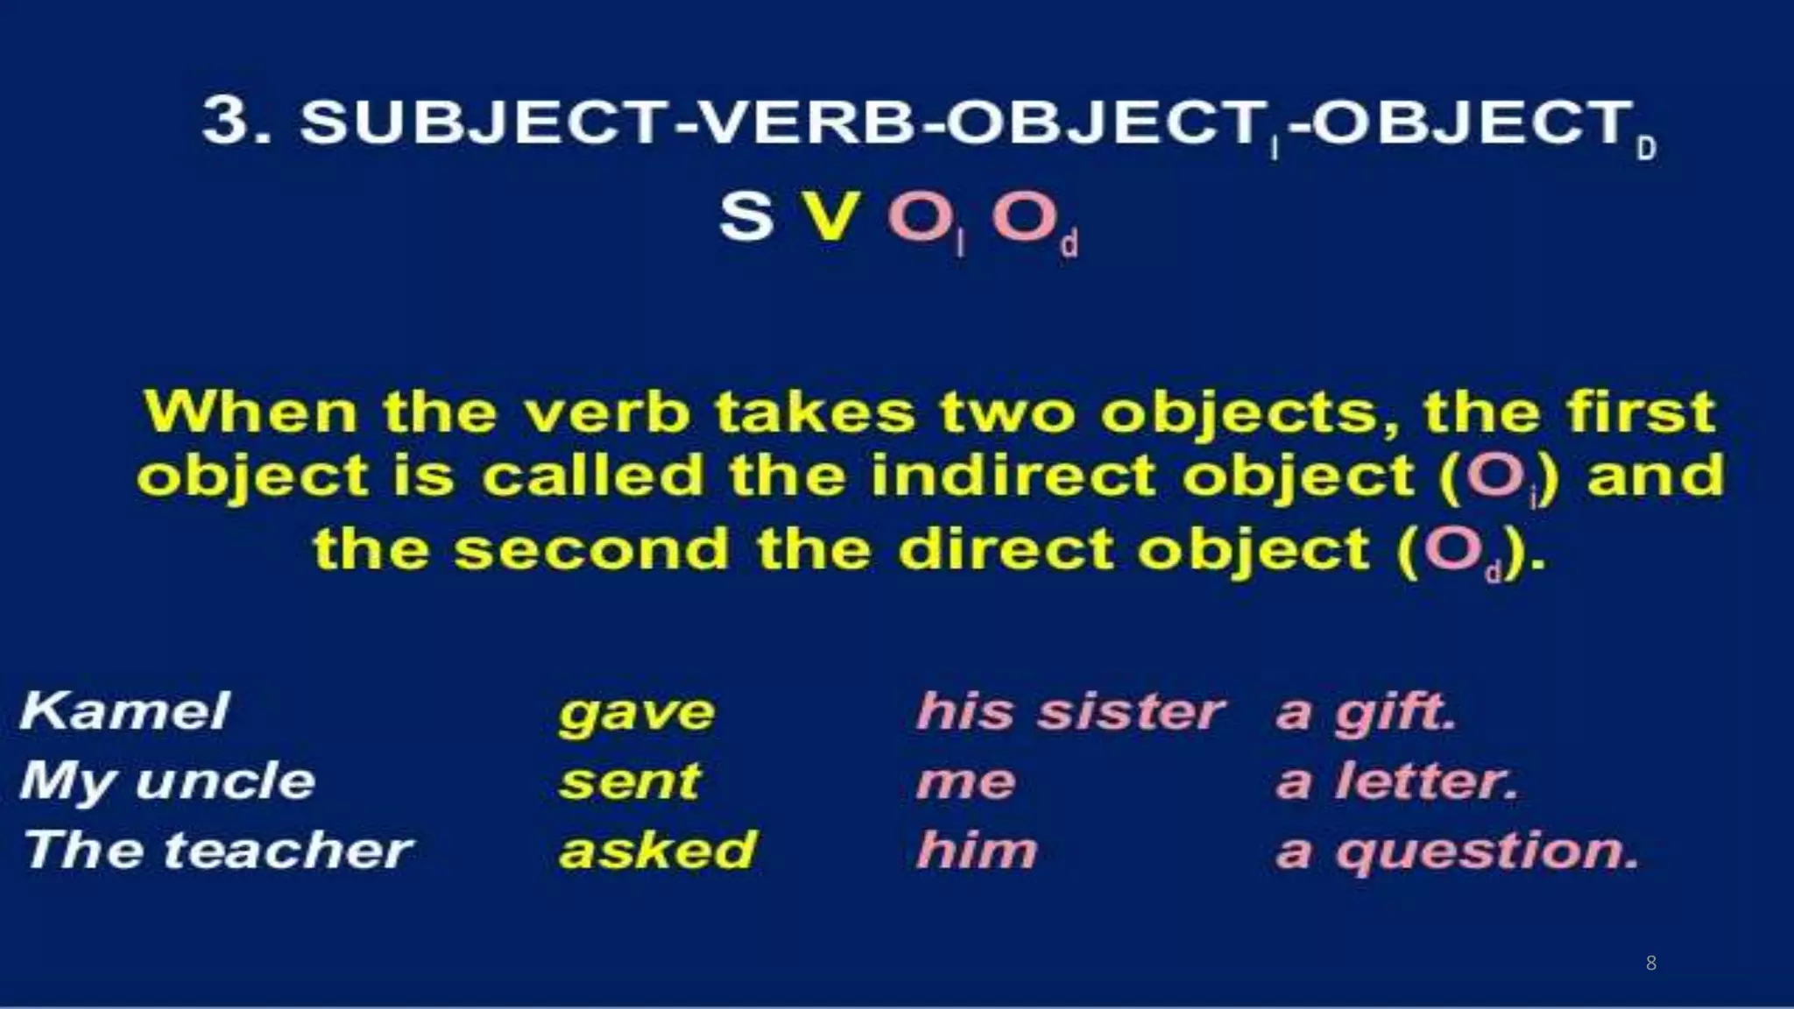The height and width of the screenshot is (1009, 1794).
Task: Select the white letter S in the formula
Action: coord(746,216)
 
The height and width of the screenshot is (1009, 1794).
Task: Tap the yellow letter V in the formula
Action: coord(829,216)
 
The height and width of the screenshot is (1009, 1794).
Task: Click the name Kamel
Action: coord(124,710)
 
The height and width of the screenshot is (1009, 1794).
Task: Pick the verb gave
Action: coord(637,713)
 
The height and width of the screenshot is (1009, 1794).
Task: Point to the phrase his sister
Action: coord(1070,710)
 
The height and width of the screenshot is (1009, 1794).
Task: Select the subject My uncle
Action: coord(167,781)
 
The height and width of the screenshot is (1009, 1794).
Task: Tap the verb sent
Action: coord(630,781)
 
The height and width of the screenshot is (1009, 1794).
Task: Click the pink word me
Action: coord(966,782)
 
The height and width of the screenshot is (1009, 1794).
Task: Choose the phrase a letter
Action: coord(1396,781)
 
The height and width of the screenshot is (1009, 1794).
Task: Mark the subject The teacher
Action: coord(217,850)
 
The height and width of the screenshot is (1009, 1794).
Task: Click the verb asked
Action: coord(657,850)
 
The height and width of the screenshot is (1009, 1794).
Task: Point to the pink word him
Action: coord(977,850)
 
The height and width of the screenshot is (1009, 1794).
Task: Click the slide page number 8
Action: coord(1651,963)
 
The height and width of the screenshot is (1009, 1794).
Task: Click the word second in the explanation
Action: coord(591,550)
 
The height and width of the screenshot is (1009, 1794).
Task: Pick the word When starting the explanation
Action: coord(251,412)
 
